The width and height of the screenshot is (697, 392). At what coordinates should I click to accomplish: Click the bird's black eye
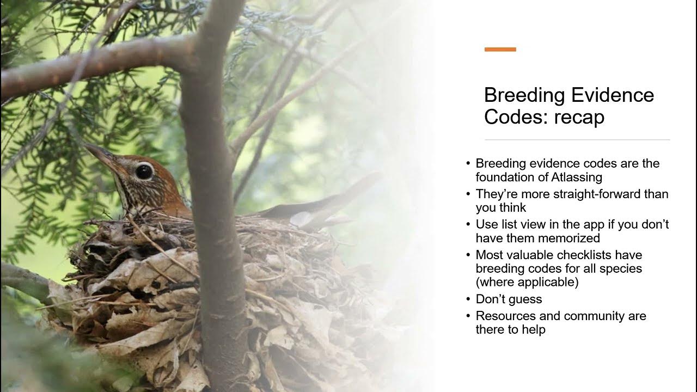pyautogui.click(x=144, y=171)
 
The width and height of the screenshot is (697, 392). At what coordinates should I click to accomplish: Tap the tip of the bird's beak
pyautogui.click(x=86, y=146)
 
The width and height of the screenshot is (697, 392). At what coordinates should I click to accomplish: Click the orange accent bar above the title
pyautogui.click(x=500, y=50)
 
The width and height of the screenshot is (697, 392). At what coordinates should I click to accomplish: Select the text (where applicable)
pyautogui.click(x=527, y=282)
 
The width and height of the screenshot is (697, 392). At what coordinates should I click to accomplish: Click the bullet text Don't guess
pyautogui.click(x=509, y=299)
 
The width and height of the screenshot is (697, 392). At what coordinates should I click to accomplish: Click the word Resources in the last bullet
pyautogui.click(x=505, y=316)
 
